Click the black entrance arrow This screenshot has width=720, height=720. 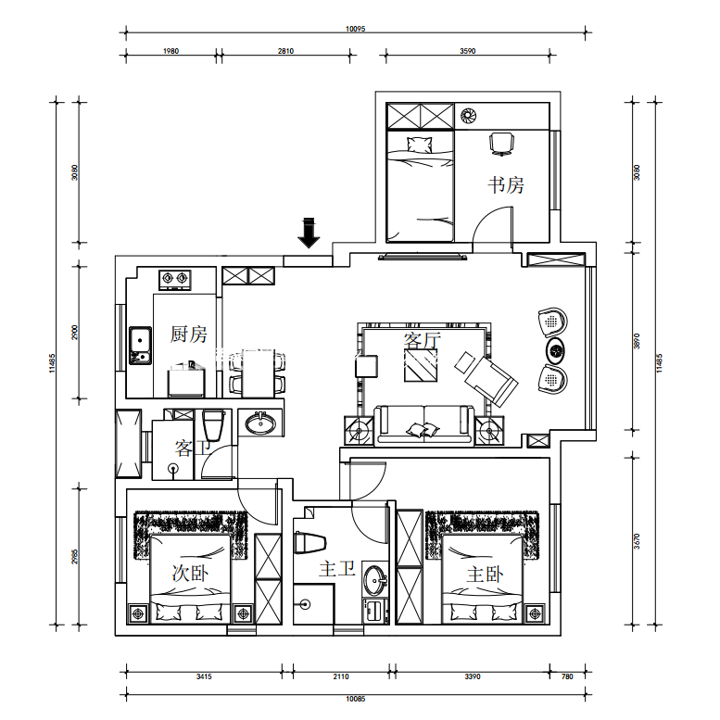coord(309,233)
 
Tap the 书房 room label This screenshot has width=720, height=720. coord(506,185)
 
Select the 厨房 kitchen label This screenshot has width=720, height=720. coord(188,334)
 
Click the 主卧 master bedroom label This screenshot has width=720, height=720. coord(485,574)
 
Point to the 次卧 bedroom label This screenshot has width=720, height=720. coord(190,573)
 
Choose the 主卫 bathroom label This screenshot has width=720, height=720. coord(337,568)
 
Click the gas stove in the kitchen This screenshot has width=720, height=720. coord(175,280)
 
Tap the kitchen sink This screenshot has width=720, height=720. coord(140,346)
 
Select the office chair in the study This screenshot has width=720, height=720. coord(501,145)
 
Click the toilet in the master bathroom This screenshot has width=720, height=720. coord(309,543)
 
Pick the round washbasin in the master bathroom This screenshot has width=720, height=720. coord(375,580)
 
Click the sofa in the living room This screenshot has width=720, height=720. coord(423,424)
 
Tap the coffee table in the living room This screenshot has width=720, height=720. coord(421,365)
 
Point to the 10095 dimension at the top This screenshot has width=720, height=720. coord(356,29)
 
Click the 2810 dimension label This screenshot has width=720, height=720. coord(285,51)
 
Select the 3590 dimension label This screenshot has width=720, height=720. coord(467,51)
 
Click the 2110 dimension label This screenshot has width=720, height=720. coord(341,676)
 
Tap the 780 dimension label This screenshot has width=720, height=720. coord(567,676)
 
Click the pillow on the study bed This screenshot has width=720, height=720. coord(420,145)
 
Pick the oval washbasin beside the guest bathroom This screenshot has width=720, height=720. coord(260,423)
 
